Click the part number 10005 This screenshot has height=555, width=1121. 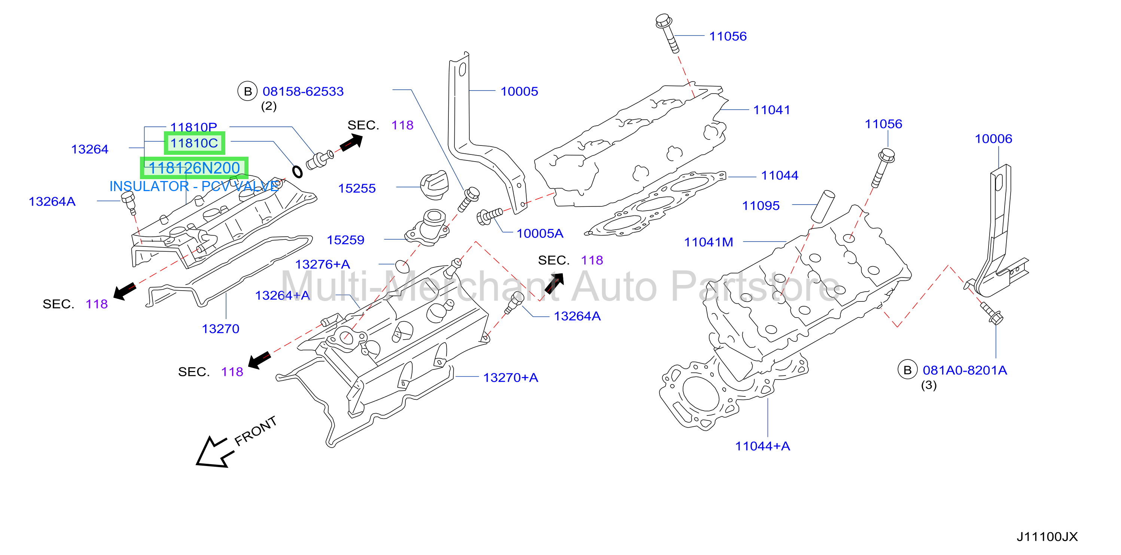coord(519,91)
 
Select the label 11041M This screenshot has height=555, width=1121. coord(709,242)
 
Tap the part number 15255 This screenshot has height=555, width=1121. coord(357,188)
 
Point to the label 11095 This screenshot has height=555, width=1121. coord(761,206)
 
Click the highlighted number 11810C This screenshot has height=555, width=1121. coord(194,143)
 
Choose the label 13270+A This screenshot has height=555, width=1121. coord(511,377)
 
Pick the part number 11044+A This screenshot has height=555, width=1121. coord(762,446)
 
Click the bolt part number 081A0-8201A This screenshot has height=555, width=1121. coord(965,371)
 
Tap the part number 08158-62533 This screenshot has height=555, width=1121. coord(303,91)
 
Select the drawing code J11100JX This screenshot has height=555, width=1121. coord(1047,537)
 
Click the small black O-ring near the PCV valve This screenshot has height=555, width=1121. coord(297,172)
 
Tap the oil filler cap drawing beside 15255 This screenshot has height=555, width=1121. coord(434,186)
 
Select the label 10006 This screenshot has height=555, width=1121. coord(993,139)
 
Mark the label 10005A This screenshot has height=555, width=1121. coord(540,234)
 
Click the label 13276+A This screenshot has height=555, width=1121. coord(323,264)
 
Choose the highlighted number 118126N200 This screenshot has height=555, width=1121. coord(194,168)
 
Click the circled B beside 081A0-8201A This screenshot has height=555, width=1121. coord(907,370)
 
